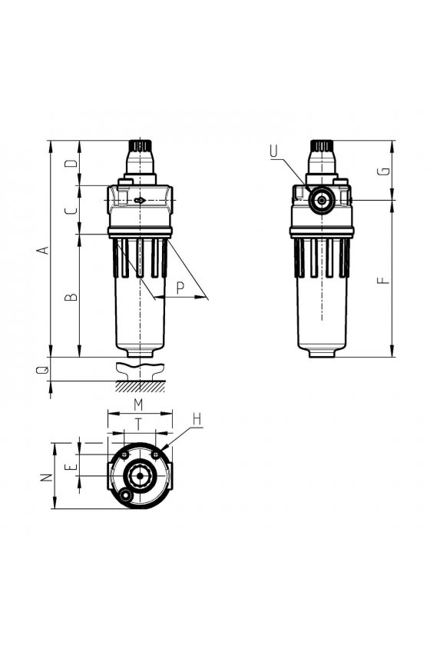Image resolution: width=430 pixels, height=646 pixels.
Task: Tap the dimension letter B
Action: click(71, 297)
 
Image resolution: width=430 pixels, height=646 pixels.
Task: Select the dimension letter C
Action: click(71, 210)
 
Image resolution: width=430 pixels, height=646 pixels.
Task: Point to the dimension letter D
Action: click(71, 163)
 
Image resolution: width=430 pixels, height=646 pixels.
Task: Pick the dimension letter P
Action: click(180, 288)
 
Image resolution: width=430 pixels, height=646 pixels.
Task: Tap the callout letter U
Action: click(274, 152)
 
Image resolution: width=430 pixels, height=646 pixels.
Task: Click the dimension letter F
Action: click(383, 281)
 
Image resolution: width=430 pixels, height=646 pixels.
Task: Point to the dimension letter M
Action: click(139, 405)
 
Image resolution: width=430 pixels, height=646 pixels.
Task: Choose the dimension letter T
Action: click(139, 425)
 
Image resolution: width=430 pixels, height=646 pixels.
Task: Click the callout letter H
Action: click(197, 419)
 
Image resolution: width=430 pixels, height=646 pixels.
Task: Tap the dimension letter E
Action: click(73, 467)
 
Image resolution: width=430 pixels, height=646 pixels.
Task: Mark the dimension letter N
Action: click(48, 477)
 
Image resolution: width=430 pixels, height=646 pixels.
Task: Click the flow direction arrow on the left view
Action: click(140, 200)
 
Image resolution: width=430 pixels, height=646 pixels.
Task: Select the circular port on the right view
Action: click(321, 200)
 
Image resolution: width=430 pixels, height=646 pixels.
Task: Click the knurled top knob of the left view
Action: click(141, 146)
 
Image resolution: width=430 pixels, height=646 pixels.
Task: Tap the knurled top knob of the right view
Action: click(322, 146)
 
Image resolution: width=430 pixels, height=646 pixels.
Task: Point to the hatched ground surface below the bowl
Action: click(141, 386)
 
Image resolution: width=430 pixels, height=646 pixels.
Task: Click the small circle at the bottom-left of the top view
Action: click(125, 494)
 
